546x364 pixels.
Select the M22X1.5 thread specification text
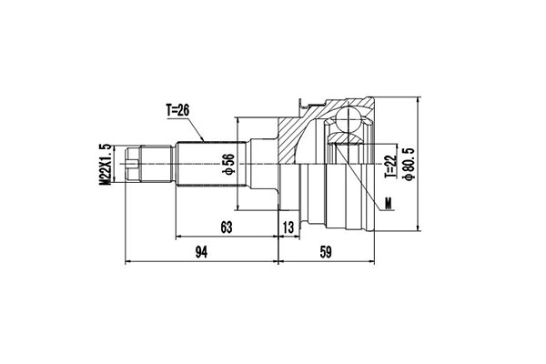[x=105, y=165]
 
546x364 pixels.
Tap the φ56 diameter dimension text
[x=228, y=164]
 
